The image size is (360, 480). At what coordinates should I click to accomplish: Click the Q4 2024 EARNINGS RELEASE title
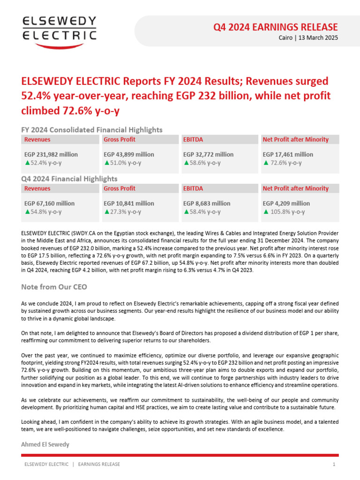[x=276, y=27]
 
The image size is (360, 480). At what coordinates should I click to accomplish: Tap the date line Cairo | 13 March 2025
[x=305, y=37]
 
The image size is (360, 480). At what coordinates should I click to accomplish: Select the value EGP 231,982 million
[x=51, y=154]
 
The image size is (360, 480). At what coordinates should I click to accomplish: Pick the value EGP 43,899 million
[x=128, y=154]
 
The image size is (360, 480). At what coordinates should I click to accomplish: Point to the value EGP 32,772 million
[x=208, y=154]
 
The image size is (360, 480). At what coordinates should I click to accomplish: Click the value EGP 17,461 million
[x=288, y=154]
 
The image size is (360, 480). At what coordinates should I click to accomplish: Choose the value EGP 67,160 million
[x=49, y=203]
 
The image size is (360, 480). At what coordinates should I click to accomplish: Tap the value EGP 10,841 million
[x=128, y=203]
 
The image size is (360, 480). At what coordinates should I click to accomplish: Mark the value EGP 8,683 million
[x=207, y=203]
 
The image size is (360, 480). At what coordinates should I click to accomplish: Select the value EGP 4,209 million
[x=286, y=203]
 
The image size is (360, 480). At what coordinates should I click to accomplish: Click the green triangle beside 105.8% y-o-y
[x=266, y=212]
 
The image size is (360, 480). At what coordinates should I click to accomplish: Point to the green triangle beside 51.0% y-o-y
[x=106, y=163]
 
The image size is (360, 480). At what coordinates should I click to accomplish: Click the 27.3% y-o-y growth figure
[x=126, y=212]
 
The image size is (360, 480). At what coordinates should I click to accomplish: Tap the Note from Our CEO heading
[x=54, y=286]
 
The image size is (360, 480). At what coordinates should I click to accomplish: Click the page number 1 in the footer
[x=334, y=465]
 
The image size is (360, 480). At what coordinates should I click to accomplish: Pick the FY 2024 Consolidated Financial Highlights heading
[x=92, y=130]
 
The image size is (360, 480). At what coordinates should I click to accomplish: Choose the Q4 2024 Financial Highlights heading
[x=69, y=179]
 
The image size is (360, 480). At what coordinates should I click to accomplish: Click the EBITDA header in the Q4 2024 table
[x=193, y=188]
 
